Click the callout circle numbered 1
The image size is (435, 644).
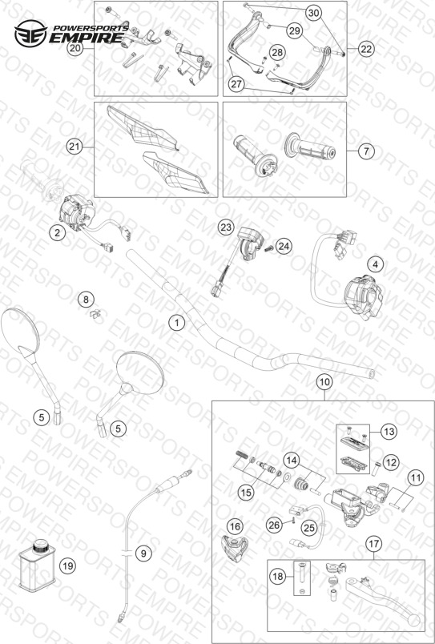pyautogui.click(x=177, y=323)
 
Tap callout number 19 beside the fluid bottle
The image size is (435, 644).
pyautogui.click(x=68, y=566)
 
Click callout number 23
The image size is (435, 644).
pyautogui.click(x=225, y=227)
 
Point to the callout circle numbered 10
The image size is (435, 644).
pyautogui.click(x=324, y=382)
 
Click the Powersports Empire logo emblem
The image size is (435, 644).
pyautogui.click(x=30, y=34)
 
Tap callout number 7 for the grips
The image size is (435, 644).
pyautogui.click(x=366, y=151)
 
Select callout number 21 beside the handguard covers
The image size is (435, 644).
pyautogui.click(x=75, y=147)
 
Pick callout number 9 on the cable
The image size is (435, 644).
pyautogui.click(x=143, y=553)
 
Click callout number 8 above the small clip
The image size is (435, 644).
pyautogui.click(x=86, y=300)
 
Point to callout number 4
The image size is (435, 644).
pyautogui.click(x=375, y=265)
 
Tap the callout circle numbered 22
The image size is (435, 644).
pyautogui.click(x=366, y=49)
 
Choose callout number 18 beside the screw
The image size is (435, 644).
pyautogui.click(x=278, y=576)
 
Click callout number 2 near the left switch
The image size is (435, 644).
pyautogui.click(x=58, y=233)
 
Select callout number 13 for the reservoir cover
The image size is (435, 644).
pyautogui.click(x=389, y=432)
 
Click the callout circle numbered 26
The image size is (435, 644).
pyautogui.click(x=274, y=525)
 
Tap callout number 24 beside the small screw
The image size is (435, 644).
pyautogui.click(x=284, y=246)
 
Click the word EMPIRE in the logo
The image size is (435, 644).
pyautogui.click(x=86, y=38)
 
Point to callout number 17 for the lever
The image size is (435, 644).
pyautogui.click(x=374, y=544)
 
